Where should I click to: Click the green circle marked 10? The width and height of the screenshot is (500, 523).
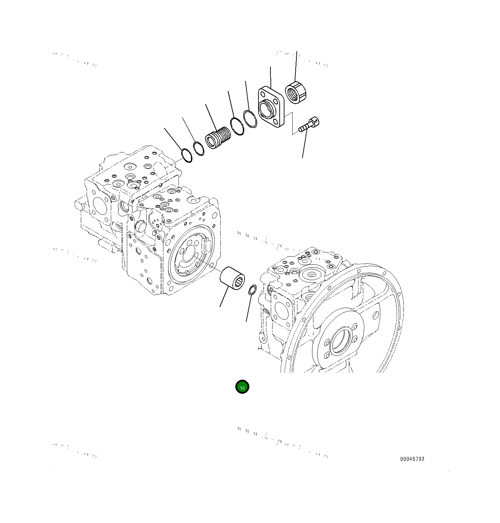[242, 387]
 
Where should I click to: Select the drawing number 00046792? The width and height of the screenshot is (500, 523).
[412, 459]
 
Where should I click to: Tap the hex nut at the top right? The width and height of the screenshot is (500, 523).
[296, 92]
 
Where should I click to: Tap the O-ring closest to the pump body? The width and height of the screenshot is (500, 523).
[187, 155]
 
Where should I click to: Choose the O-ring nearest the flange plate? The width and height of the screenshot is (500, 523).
[250, 118]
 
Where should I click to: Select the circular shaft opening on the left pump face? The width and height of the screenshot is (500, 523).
[188, 254]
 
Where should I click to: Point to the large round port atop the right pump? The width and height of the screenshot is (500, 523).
[312, 274]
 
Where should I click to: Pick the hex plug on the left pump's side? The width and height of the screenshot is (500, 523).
[141, 226]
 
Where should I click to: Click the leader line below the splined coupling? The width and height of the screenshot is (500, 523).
[224, 297]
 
